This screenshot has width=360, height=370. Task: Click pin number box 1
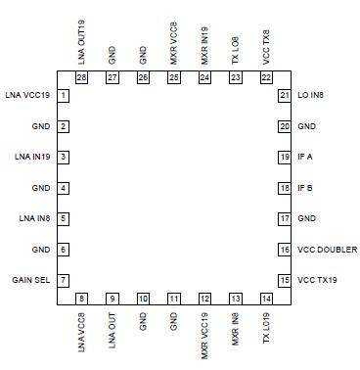coord(64,95)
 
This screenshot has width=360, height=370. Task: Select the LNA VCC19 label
coord(28,95)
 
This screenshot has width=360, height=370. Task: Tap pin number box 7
coord(64,280)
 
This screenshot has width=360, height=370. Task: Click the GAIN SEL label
coord(31,280)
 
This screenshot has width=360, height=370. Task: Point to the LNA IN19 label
coord(30,157)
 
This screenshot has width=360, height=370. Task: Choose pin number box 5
coord(64,218)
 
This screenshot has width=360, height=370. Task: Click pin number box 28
coord(81,76)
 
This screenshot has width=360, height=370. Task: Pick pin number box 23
coord(235,76)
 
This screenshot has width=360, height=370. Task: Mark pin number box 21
coord(284,95)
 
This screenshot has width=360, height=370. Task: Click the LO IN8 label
coord(313,95)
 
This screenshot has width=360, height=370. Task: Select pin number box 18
coord(284,187)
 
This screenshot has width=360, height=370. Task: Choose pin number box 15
coord(284,280)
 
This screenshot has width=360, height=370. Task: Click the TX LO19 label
coord(266,329)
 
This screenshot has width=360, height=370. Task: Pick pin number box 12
coord(204,299)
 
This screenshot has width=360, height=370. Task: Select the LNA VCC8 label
coord(81,330)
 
